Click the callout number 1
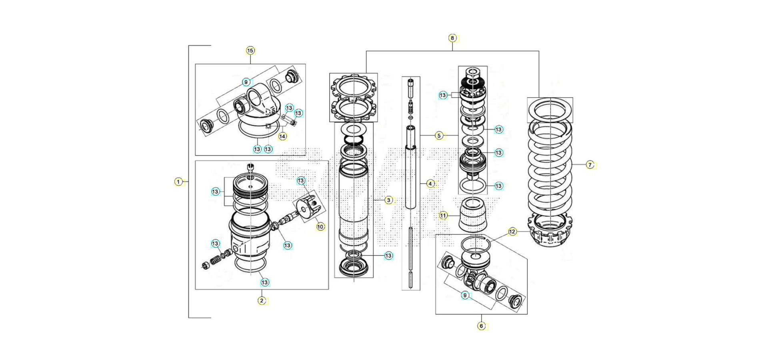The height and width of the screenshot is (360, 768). point(178,182)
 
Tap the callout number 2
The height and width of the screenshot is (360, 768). point(262,300)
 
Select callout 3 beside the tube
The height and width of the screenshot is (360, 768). point(389,200)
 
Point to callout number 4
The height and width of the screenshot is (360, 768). point(430,184)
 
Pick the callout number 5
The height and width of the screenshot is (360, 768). point(439,136)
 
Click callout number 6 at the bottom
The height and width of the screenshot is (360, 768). point(482,326)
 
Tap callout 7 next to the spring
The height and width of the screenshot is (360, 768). point(590,165)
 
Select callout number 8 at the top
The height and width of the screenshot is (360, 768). point(452,38)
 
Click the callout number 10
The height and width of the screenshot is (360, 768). point(320,227)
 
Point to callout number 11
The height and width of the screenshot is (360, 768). point(443,216)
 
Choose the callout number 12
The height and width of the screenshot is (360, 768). point(512,232)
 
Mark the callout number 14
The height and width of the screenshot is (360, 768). point(283,136)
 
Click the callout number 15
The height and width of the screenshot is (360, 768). point(250,50)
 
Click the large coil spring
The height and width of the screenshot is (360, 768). point(550,168)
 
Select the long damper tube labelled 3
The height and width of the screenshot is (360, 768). point(354,204)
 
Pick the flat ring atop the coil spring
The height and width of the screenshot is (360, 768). point(550,110)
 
